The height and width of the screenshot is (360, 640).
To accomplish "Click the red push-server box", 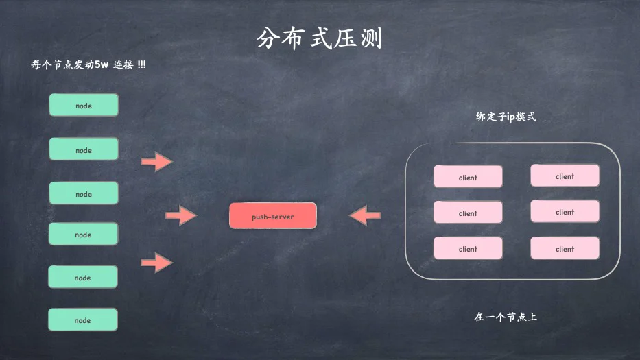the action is pyautogui.click(x=272, y=215).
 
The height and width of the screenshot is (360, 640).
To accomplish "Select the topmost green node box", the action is pyautogui.click(x=84, y=105).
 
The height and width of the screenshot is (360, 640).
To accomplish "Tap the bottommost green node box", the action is pyautogui.click(x=83, y=320).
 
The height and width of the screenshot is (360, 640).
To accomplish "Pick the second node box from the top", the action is pyautogui.click(x=84, y=149).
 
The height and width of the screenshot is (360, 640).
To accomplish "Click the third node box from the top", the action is pyautogui.click(x=84, y=193).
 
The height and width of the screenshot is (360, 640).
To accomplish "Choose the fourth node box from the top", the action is pyautogui.click(x=83, y=234).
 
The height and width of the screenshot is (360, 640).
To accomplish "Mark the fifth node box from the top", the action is pyautogui.click(x=83, y=277).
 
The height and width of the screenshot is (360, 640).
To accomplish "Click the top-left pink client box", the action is pyautogui.click(x=468, y=176).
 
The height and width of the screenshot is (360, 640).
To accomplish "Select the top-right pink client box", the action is pyautogui.click(x=565, y=176).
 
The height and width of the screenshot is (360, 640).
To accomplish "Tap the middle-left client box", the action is pyautogui.click(x=468, y=213).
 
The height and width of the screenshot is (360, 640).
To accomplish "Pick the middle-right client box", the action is pyautogui.click(x=565, y=211).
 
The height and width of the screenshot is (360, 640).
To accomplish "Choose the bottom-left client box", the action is pyautogui.click(x=468, y=248).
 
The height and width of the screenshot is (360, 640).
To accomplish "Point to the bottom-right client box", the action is pyautogui.click(x=565, y=248).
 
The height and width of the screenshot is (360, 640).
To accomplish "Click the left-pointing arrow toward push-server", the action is pyautogui.click(x=365, y=215).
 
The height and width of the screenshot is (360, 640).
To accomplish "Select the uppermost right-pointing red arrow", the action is pyautogui.click(x=157, y=162).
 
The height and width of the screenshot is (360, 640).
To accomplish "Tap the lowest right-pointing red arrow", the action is pyautogui.click(x=157, y=263).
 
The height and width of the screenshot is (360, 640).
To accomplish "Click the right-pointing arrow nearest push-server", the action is pyautogui.click(x=181, y=215).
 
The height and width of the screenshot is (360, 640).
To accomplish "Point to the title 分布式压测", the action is pyautogui.click(x=319, y=38).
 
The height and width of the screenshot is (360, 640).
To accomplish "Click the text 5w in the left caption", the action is pyautogui.click(x=102, y=64).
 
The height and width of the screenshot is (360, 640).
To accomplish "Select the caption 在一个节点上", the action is pyautogui.click(x=506, y=317).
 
